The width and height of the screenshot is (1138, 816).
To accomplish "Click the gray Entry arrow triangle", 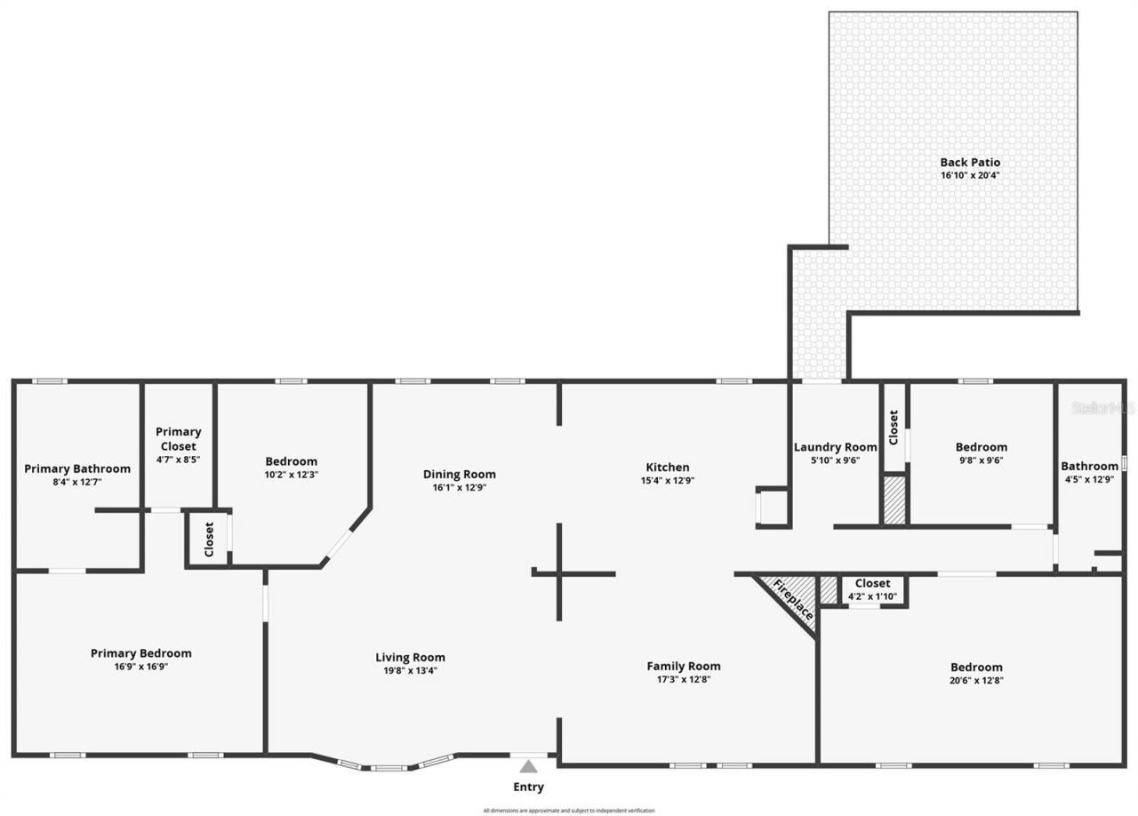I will (x=529, y=766).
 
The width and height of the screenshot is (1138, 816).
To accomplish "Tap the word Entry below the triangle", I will (x=528, y=787).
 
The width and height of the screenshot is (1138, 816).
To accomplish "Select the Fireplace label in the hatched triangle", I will (x=791, y=599).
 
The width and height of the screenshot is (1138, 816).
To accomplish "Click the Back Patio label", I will (x=970, y=162).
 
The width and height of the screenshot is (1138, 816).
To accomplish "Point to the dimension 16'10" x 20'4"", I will (x=970, y=175).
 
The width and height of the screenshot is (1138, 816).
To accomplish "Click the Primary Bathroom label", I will (x=77, y=468).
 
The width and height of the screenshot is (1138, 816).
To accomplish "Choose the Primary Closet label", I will (x=178, y=438).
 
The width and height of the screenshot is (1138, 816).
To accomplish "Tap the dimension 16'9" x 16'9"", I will (x=140, y=666).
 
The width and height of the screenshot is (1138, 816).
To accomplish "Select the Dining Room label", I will (x=459, y=474).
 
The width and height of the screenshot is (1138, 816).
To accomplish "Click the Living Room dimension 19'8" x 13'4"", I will (x=410, y=670).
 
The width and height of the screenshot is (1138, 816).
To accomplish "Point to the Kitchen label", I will (x=667, y=467).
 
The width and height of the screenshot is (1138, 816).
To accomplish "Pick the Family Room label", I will (x=683, y=666).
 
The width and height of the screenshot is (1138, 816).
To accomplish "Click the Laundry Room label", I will (x=835, y=447).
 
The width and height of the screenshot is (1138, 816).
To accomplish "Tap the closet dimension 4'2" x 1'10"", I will (x=872, y=596).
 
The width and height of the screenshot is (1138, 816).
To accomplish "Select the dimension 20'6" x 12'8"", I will (x=976, y=680).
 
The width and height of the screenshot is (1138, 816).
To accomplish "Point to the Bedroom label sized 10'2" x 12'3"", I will (x=291, y=461).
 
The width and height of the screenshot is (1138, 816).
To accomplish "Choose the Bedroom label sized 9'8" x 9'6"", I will (x=982, y=447).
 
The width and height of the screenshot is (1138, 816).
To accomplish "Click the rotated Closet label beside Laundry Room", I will (x=894, y=427).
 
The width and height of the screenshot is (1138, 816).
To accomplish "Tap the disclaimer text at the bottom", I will (x=569, y=811).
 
